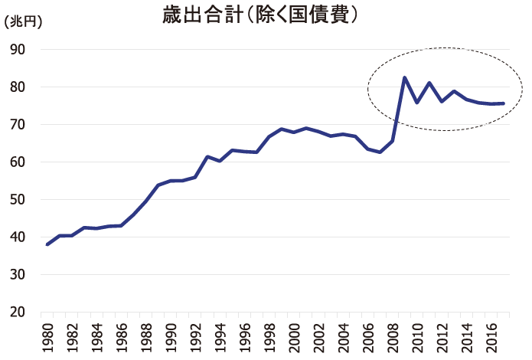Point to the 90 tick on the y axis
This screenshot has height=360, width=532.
[x=18, y=50]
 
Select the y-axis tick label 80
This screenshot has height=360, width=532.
[x=18, y=87]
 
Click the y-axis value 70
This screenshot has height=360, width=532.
[x=18, y=125]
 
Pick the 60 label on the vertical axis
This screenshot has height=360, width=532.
[x=18, y=162]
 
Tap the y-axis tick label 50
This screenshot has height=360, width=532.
[x=18, y=200]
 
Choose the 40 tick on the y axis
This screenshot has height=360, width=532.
[x=18, y=237]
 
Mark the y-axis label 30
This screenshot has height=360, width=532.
[x=18, y=275]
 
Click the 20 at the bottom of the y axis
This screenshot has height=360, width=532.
[x=18, y=313]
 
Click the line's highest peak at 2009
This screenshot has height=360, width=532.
[x=404, y=77]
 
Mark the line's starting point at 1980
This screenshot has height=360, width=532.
[x=47, y=244]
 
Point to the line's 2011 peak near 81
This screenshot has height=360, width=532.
[x=429, y=83]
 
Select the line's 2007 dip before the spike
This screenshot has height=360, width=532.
[x=380, y=152]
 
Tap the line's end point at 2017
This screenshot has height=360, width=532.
[x=503, y=103]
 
